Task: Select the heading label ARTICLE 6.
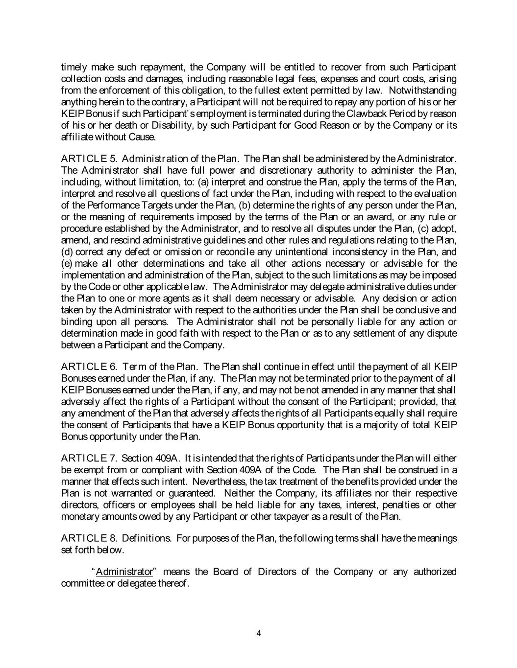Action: pos(89,367)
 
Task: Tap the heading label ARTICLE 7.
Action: pos(89,458)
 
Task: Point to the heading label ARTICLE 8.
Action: pos(89,538)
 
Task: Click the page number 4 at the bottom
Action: pos(259,634)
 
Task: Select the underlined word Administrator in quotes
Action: pos(124,572)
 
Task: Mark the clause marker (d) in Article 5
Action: pos(67,252)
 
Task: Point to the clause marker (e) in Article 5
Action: pos(67,264)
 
